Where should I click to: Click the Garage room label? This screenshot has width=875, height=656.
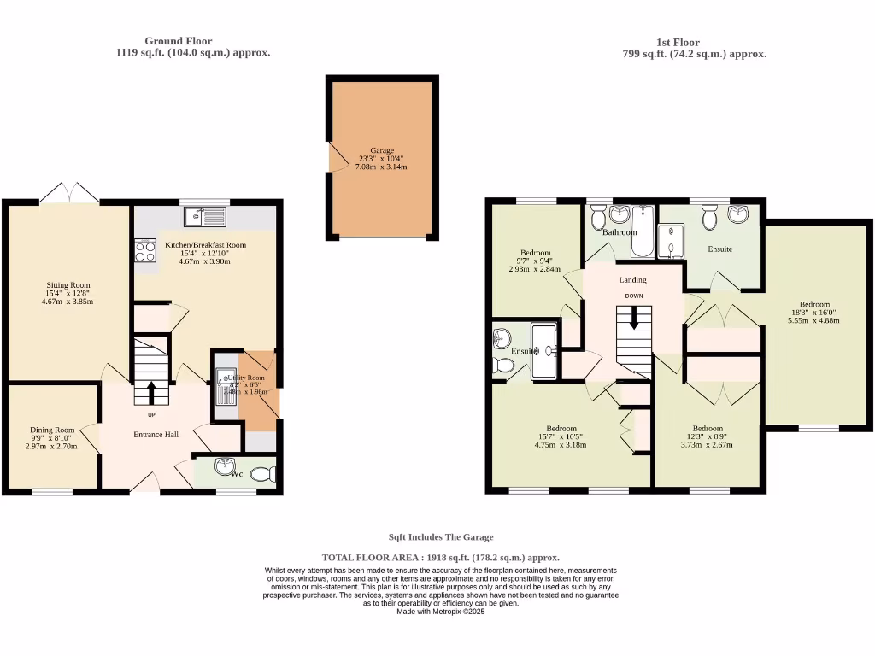(382, 149)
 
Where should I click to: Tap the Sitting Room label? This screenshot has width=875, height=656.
(68, 285)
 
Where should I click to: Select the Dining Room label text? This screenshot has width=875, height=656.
(52, 430)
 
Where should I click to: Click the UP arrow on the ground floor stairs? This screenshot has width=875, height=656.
(152, 392)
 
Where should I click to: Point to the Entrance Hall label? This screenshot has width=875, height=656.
(156, 435)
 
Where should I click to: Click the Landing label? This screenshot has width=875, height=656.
(633, 280)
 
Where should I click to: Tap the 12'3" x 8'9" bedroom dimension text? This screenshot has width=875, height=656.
(708, 436)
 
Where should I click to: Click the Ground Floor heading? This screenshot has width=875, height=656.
(178, 40)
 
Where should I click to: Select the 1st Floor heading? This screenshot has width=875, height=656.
(678, 42)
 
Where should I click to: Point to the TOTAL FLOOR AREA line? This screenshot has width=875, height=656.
(441, 556)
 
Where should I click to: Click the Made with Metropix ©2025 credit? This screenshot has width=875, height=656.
(441, 612)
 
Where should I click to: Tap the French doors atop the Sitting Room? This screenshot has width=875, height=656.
(69, 193)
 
